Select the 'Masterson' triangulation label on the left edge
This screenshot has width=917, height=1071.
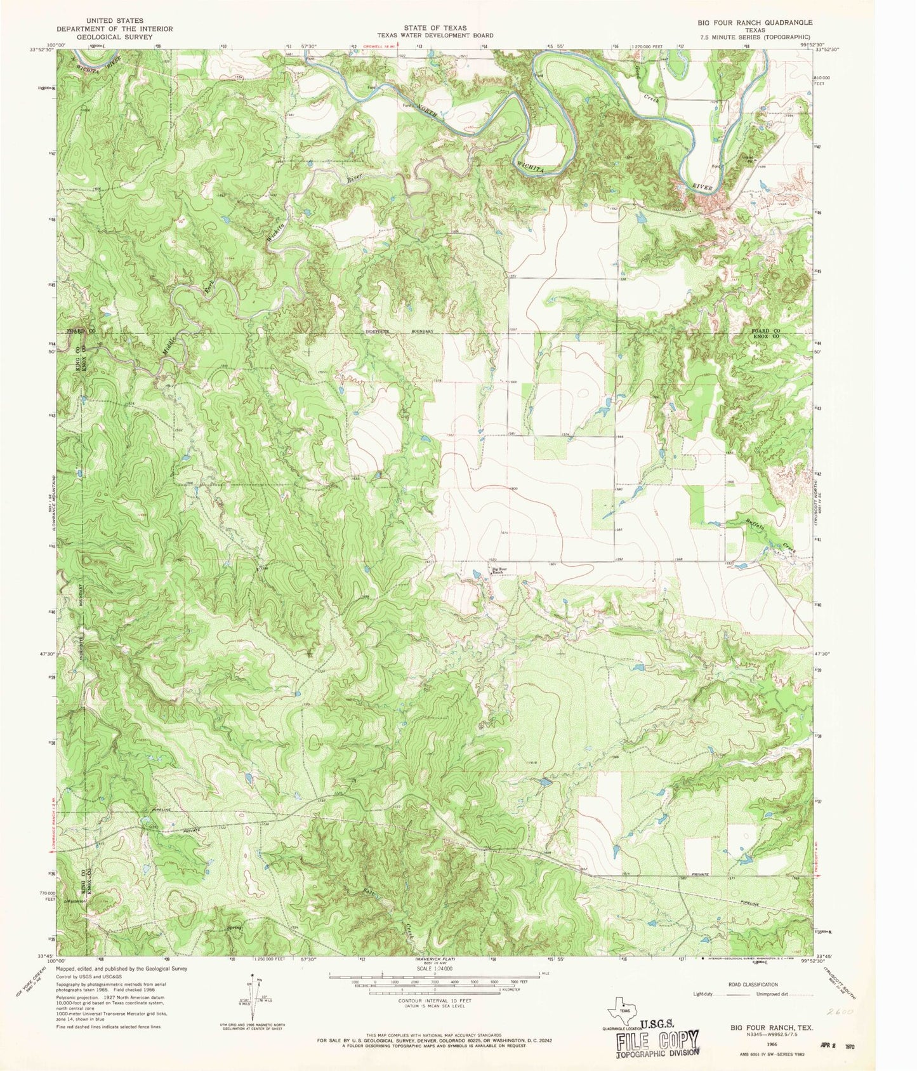pos(76,900)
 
